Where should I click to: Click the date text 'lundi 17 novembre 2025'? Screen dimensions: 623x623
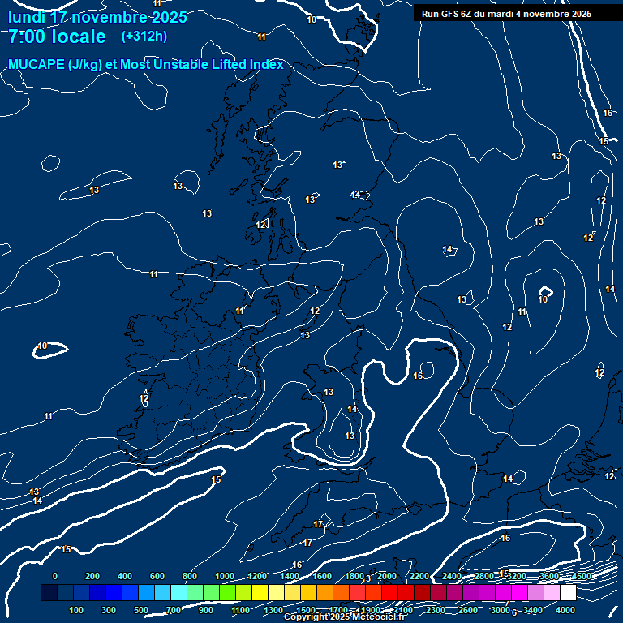click(97, 17)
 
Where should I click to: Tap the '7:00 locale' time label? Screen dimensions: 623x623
click(57, 37)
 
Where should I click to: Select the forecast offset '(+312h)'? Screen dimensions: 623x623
click(144, 37)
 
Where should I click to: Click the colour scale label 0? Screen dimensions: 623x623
click(55, 576)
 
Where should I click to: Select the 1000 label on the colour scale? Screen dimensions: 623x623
click(225, 576)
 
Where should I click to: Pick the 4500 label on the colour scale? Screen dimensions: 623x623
click(582, 576)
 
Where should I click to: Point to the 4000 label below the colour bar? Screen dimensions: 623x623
click(565, 610)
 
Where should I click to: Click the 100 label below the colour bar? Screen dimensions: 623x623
click(76, 610)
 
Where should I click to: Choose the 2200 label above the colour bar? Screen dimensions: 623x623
click(419, 576)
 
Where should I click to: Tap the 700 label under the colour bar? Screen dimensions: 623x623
click(174, 610)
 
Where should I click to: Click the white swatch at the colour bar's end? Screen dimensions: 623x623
click(568, 593)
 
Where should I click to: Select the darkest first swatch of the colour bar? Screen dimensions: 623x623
click(49, 593)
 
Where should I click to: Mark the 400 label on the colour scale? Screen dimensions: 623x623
click(125, 576)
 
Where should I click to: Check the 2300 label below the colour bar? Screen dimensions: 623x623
click(436, 610)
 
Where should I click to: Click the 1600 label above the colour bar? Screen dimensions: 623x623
click(322, 576)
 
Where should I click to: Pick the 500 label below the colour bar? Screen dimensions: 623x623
click(141, 610)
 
